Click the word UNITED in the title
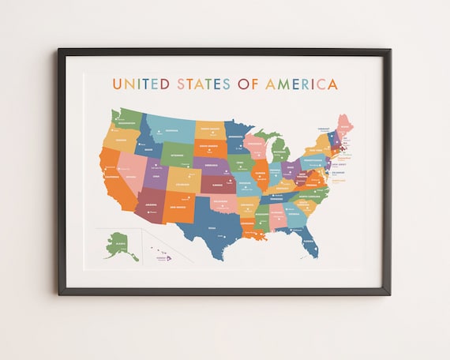point(139,84)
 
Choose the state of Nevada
point(129,172)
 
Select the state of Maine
point(345,126)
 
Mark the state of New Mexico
point(179,208)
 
